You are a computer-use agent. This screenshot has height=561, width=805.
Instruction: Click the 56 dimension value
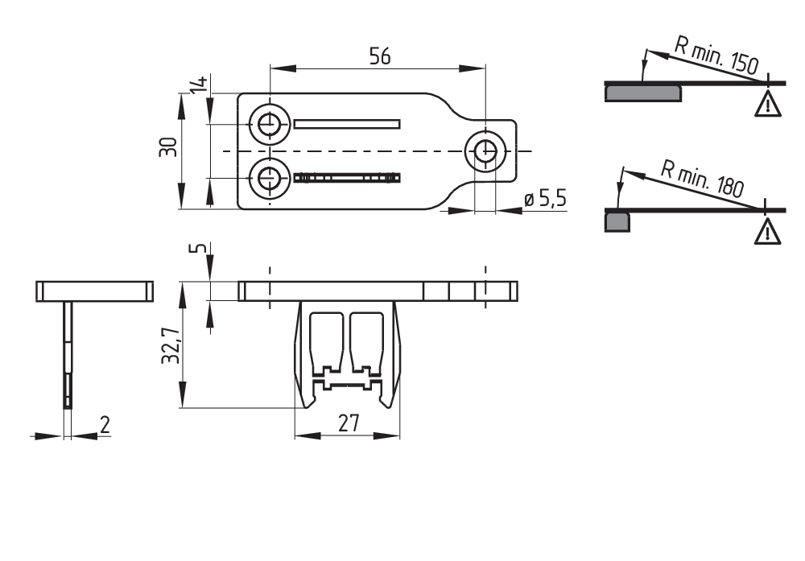[x=379, y=56]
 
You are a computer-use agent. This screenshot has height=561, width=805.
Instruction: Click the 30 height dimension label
[x=168, y=146]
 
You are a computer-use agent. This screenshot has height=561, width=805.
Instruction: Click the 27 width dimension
[x=348, y=423]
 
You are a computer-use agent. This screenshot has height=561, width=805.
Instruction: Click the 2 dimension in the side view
[x=104, y=424]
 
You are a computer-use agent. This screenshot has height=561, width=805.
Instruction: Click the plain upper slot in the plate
[x=347, y=124]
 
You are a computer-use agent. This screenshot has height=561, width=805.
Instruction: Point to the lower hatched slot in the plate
[x=347, y=178]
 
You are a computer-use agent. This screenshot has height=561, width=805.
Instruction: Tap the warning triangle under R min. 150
[x=768, y=104]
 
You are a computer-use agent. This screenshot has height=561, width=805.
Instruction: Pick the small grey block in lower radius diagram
[x=617, y=221]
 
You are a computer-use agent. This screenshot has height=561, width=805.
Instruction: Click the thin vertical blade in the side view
[x=68, y=354]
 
